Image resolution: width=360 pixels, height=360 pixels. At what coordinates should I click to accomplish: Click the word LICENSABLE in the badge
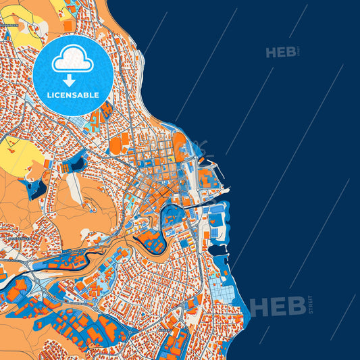click(73, 95)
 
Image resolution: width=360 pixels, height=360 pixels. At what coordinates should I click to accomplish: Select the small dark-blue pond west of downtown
click(76, 163)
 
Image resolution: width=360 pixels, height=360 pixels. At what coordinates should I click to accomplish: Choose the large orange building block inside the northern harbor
click(205, 178)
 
